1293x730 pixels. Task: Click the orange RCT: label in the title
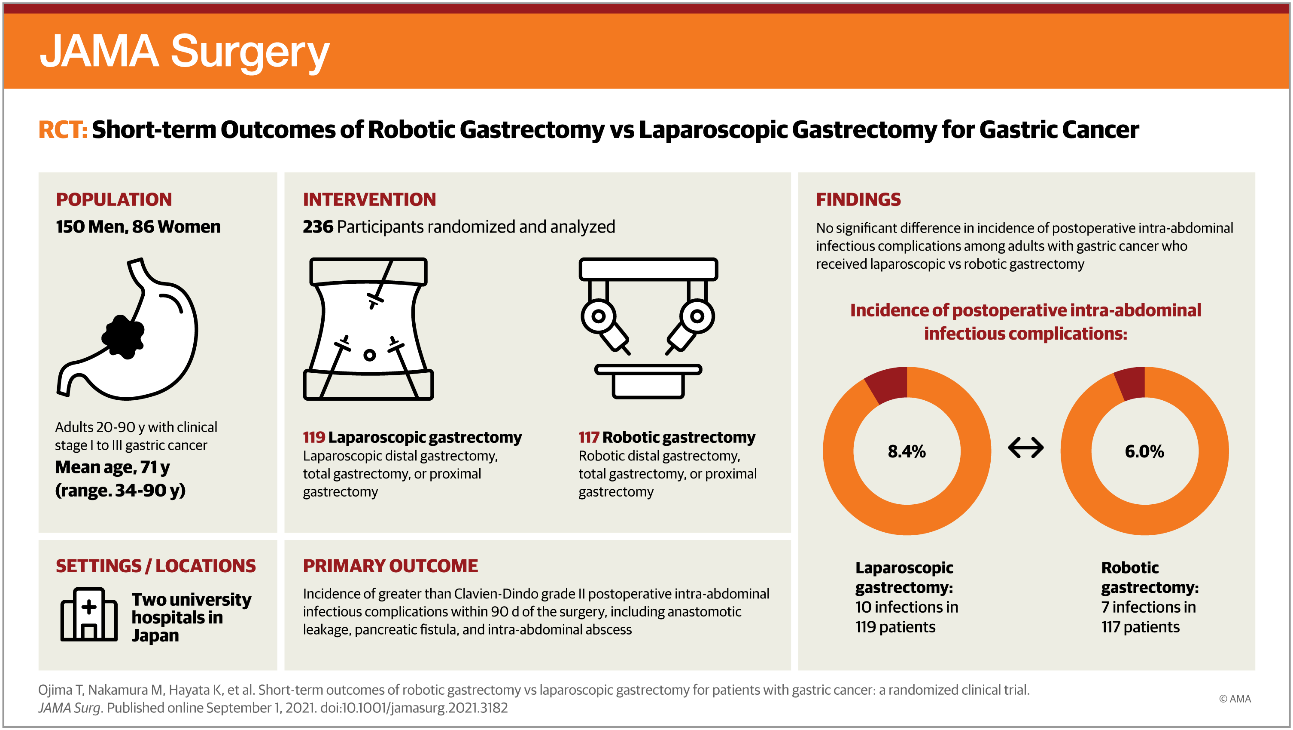click(x=63, y=130)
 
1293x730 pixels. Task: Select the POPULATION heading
click(x=114, y=199)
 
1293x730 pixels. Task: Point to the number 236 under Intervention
click(x=318, y=227)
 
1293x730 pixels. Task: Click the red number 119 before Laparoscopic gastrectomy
click(x=314, y=437)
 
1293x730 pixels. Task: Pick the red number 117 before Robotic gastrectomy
click(x=589, y=437)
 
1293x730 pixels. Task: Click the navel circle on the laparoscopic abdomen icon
click(x=369, y=355)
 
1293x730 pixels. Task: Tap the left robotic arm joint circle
click(x=598, y=316)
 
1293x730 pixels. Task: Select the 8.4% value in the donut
click(x=907, y=451)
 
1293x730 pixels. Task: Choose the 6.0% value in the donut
click(x=1144, y=451)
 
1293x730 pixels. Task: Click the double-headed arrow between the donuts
click(x=1026, y=448)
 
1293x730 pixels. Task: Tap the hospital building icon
click(x=89, y=614)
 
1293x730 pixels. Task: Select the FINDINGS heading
click(x=858, y=199)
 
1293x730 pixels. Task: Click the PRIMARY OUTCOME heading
click(x=390, y=566)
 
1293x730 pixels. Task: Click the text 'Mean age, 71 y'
click(x=113, y=468)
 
